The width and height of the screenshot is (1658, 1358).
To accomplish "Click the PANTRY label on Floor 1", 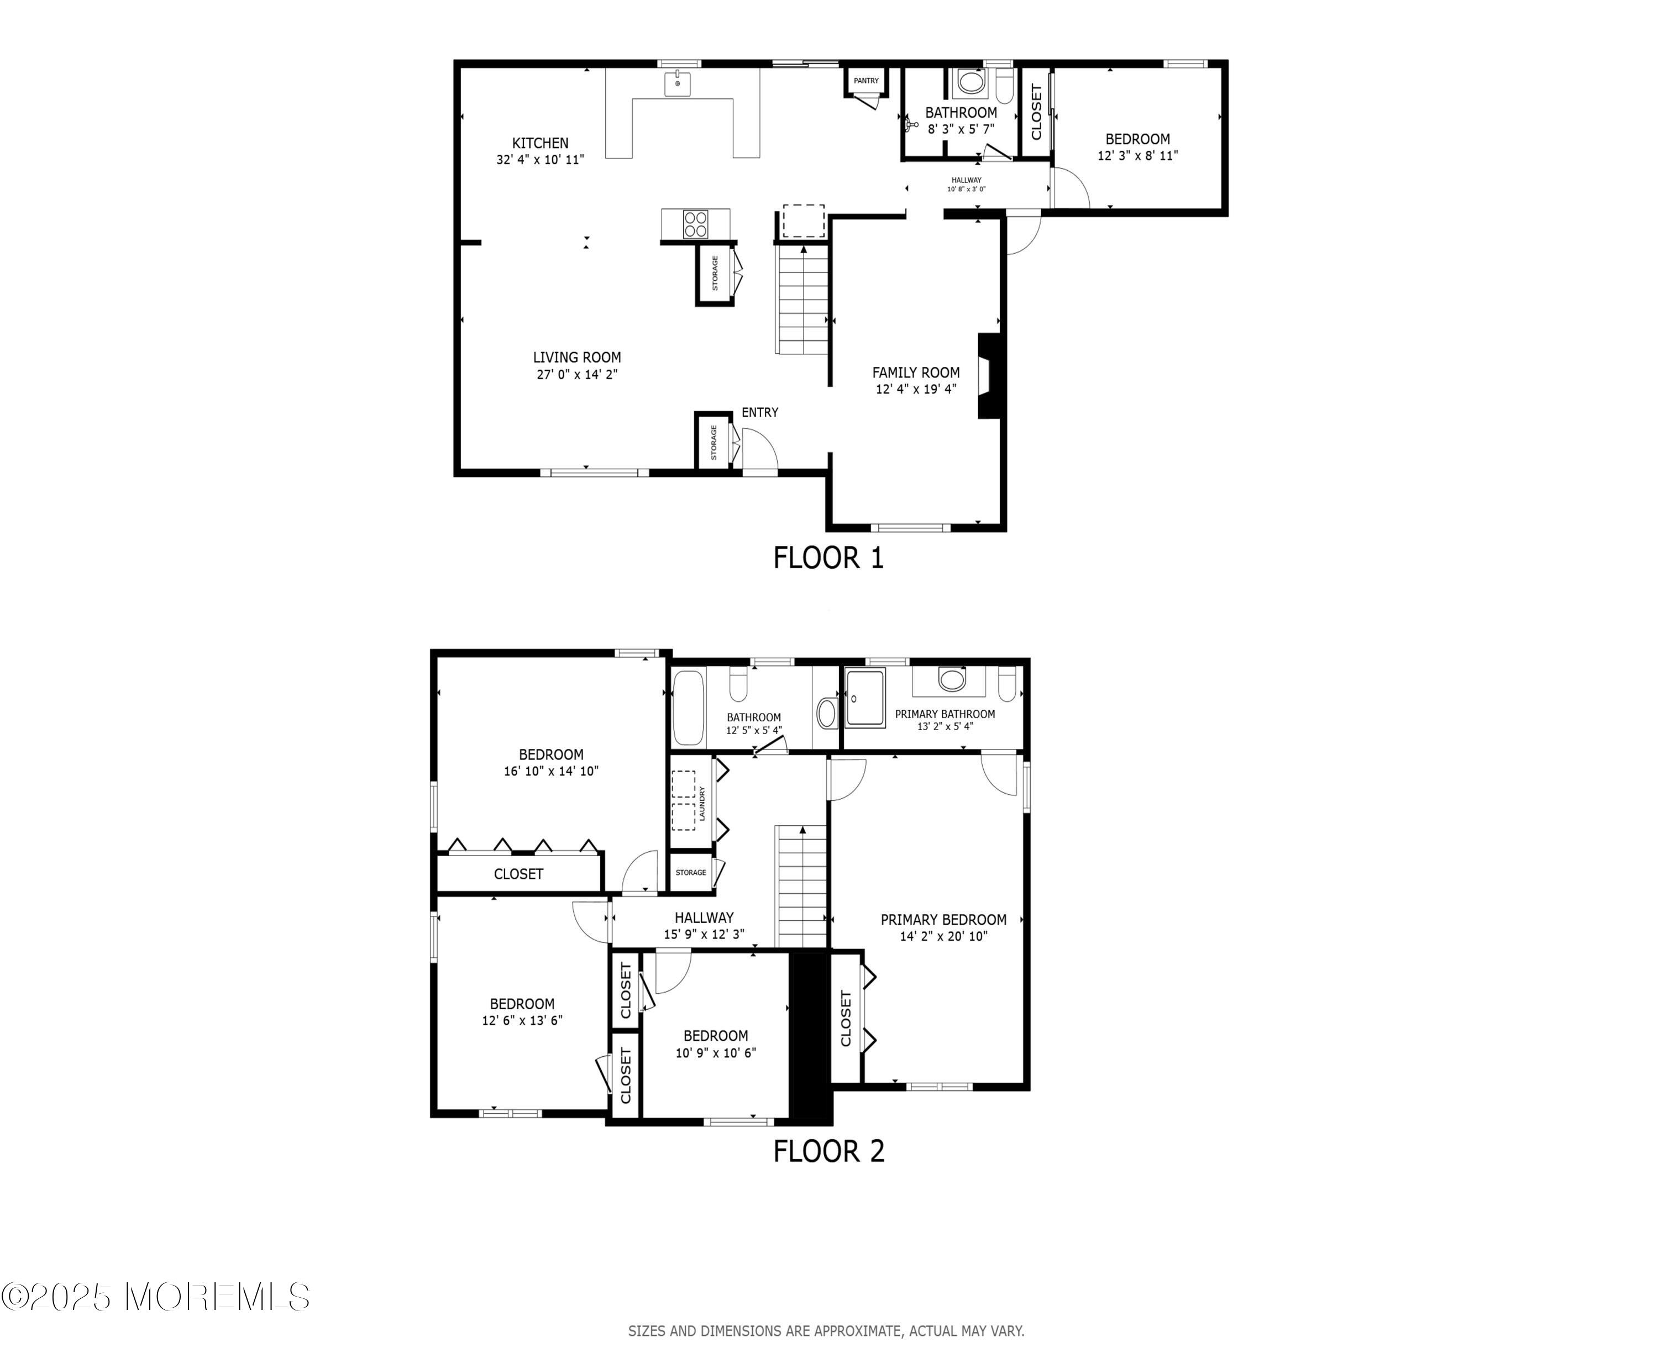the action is (866, 81).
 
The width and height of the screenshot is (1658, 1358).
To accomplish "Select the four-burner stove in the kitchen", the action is (695, 224).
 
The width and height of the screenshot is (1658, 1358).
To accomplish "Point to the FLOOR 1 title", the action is (828, 558).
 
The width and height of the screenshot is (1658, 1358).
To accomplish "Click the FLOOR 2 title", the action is (829, 1151).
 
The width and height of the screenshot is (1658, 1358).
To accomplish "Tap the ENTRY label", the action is (759, 412).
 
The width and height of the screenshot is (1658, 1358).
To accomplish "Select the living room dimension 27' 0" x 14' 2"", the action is (577, 374).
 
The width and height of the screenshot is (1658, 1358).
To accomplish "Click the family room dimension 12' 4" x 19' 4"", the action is (916, 389).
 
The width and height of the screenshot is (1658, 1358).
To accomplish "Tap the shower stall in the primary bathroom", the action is (865, 697).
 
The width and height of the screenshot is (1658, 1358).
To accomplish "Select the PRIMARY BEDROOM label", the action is (943, 920).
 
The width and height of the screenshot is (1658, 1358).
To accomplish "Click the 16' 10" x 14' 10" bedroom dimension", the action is (552, 770).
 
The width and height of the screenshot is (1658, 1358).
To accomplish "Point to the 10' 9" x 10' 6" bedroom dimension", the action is (716, 1053).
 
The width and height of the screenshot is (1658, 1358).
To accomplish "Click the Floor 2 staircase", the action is (801, 887).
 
